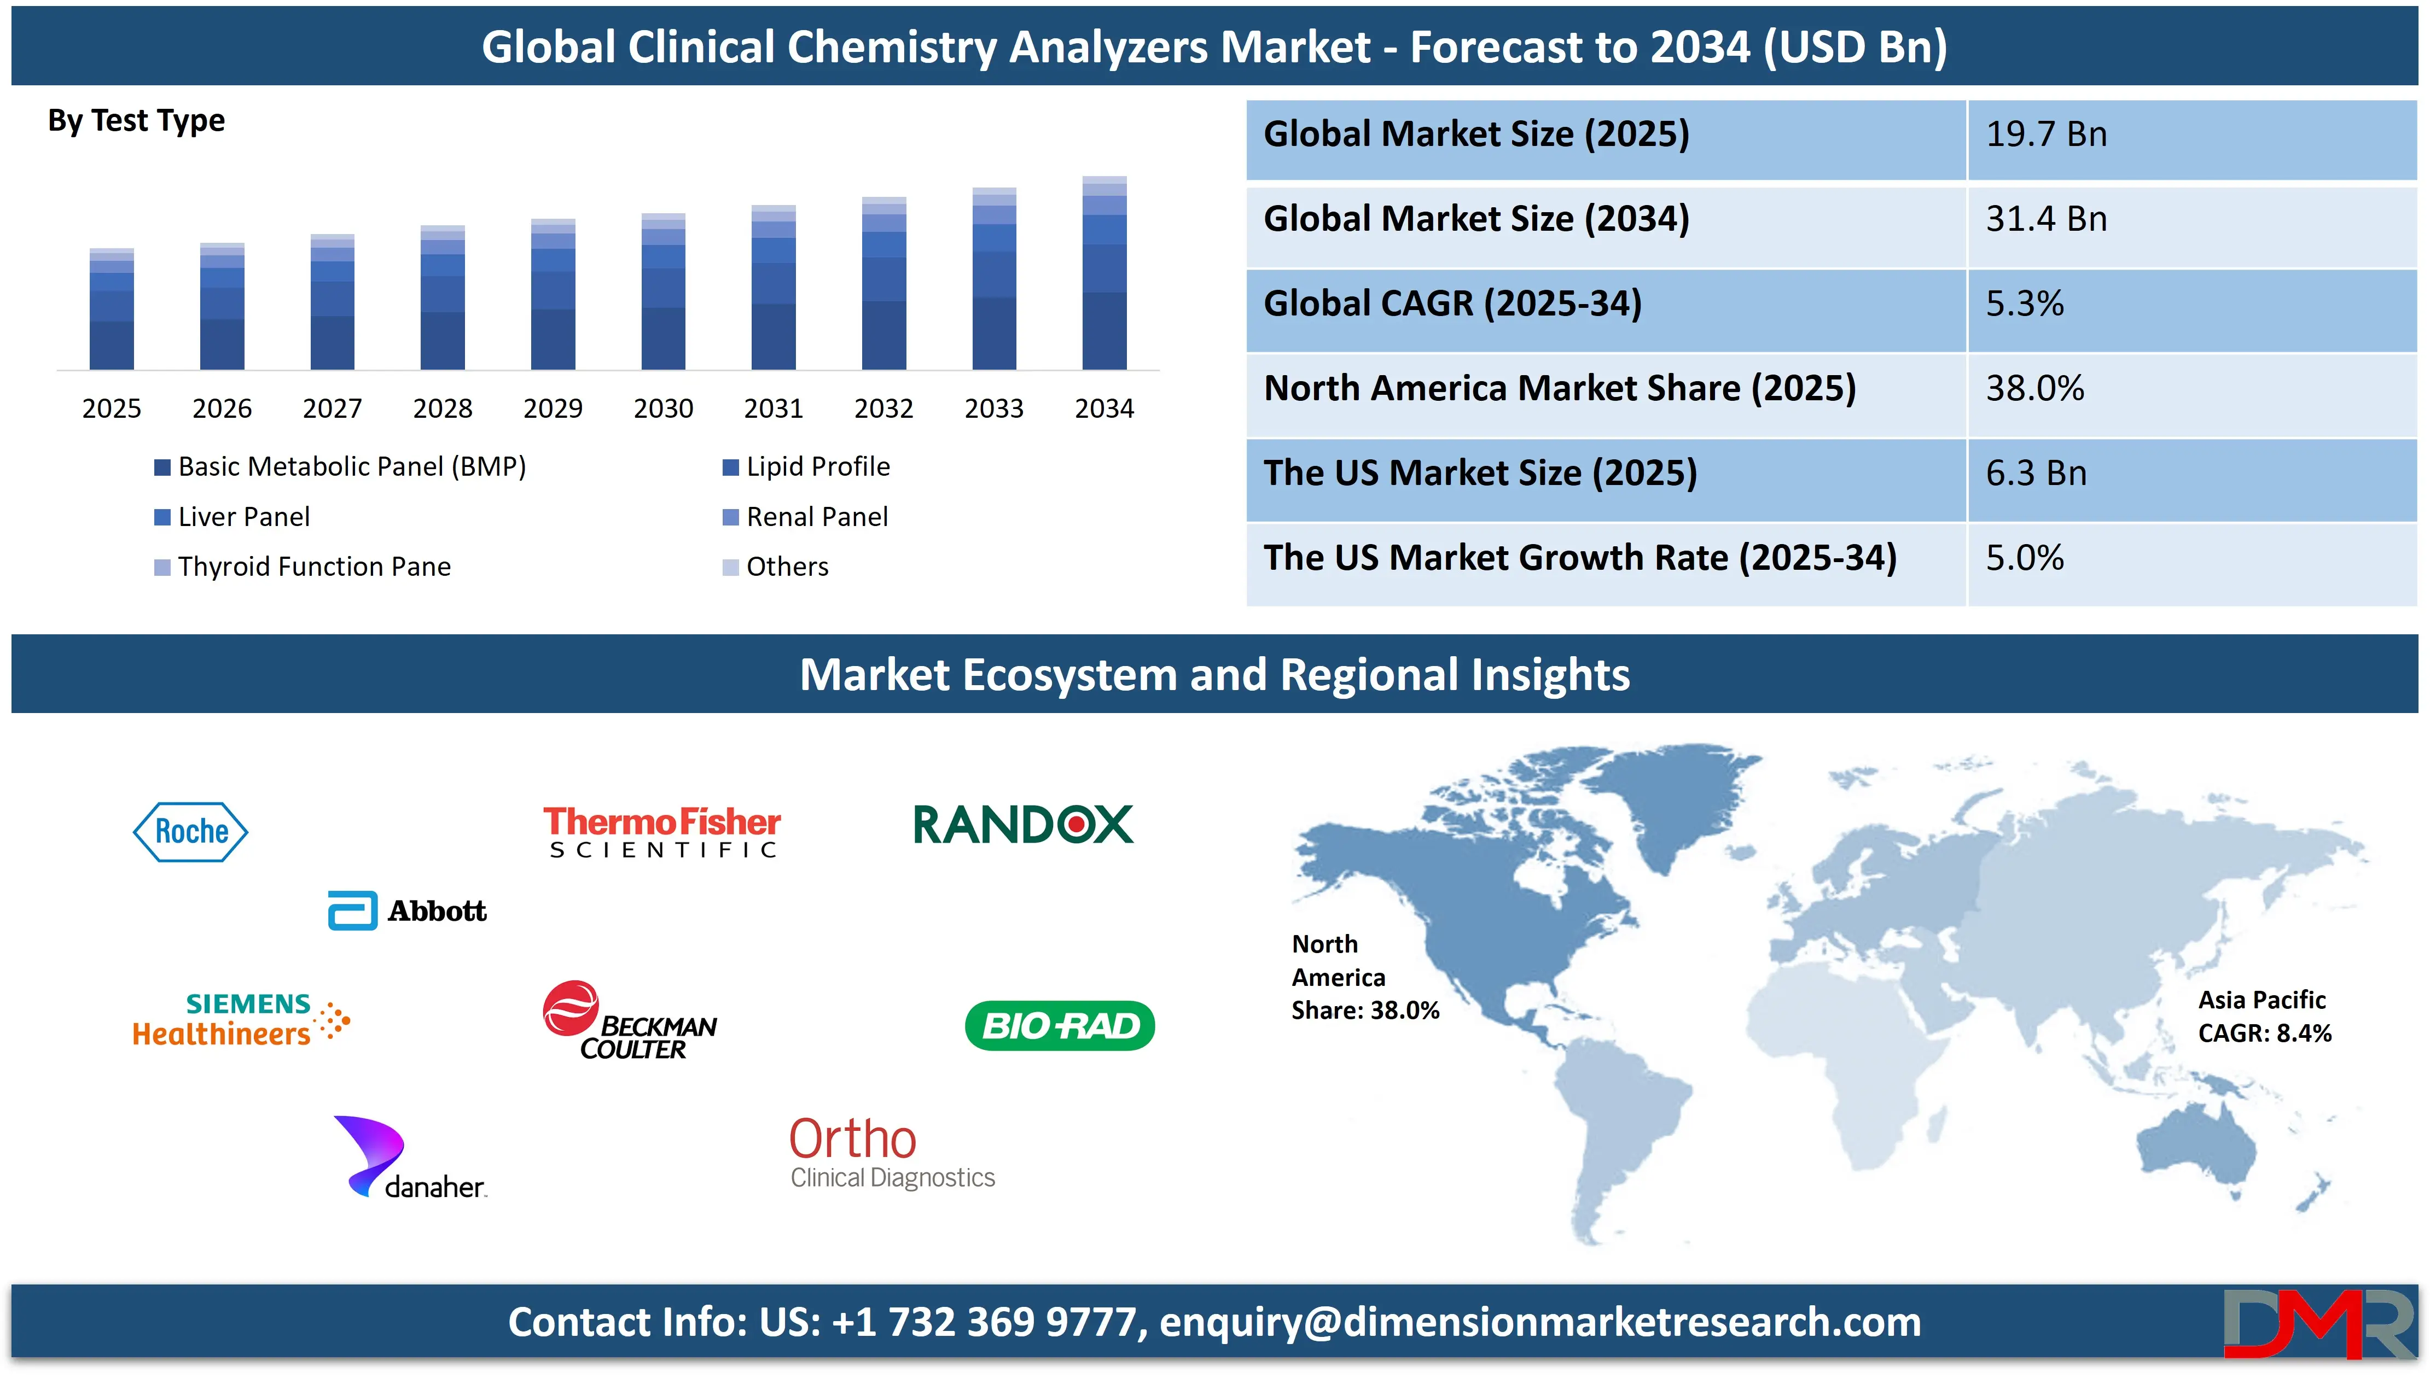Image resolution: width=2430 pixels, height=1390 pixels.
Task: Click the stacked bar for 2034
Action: point(1104,273)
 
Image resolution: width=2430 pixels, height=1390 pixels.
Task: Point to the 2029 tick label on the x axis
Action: point(553,408)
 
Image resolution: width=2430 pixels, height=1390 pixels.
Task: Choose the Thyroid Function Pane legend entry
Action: point(302,567)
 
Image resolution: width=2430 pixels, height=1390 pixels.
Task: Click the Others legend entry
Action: point(775,567)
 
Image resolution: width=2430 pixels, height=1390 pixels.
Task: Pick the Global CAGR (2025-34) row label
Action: point(1452,303)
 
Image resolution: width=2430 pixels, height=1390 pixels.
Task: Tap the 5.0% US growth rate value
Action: point(2024,558)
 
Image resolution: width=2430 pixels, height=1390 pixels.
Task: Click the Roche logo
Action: point(190,832)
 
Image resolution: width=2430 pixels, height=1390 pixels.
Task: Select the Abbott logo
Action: point(407,911)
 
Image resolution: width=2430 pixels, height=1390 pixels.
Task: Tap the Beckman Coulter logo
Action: point(629,1020)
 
